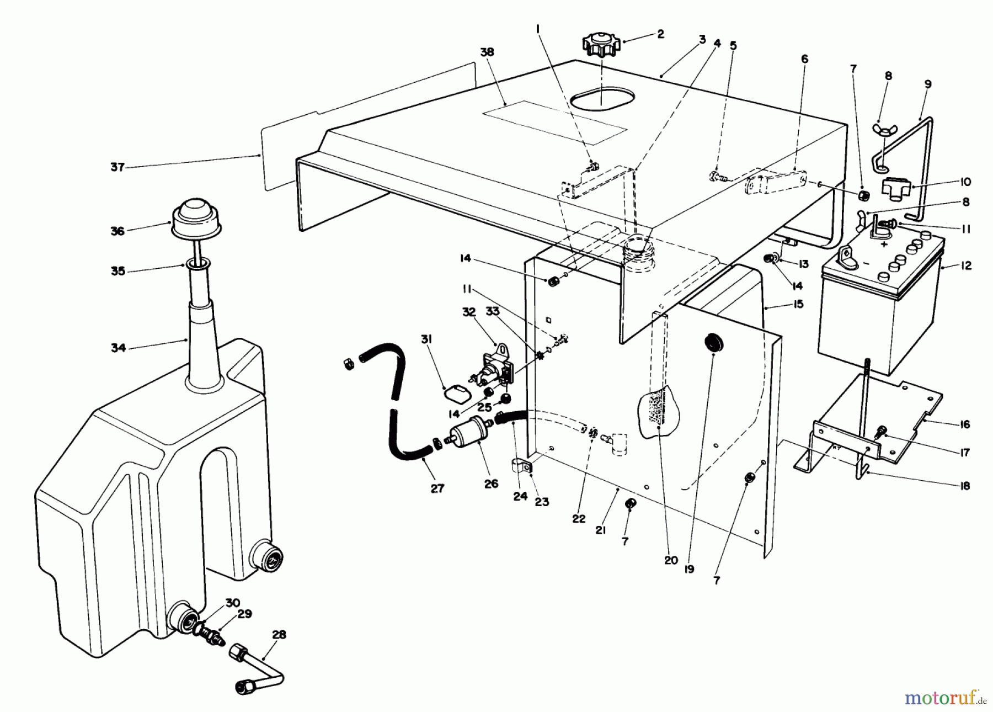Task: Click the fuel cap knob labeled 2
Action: [x=600, y=45]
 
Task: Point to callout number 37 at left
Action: [x=118, y=167]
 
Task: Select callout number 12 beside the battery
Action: [x=965, y=265]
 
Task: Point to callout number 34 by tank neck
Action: [x=118, y=348]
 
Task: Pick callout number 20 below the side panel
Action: [x=670, y=560]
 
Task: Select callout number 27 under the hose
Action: [x=437, y=488]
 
